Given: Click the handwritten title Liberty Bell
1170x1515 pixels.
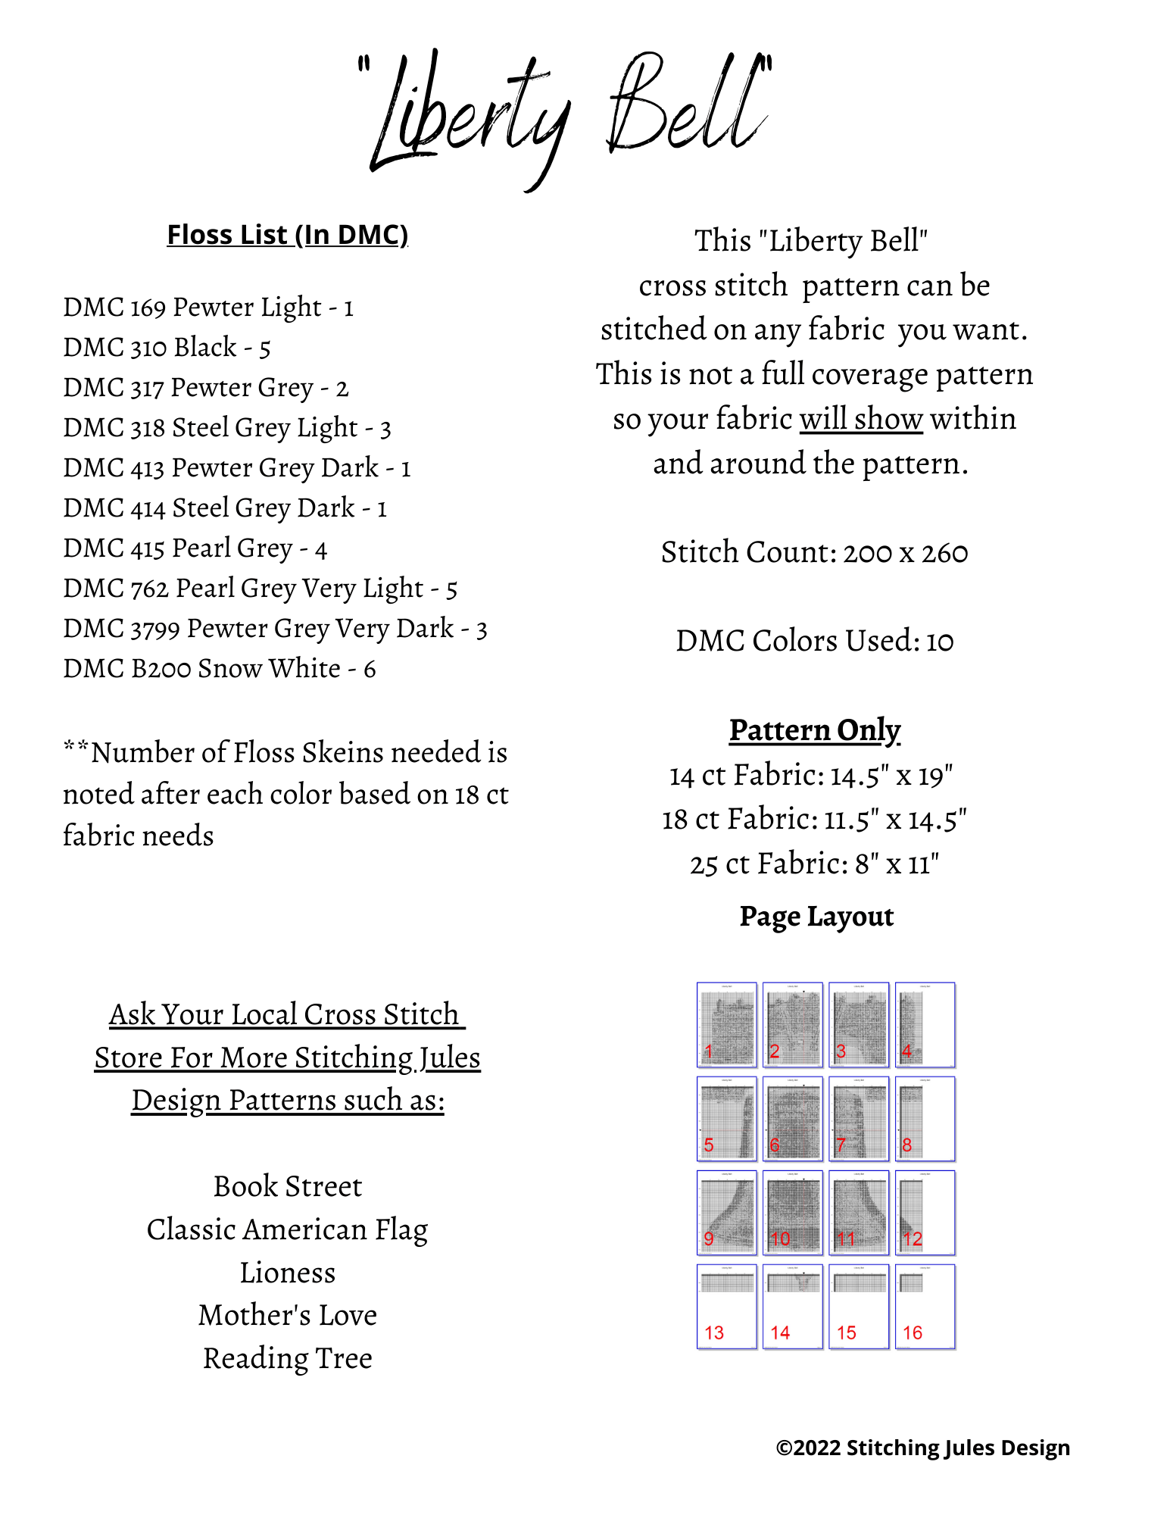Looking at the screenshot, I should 568,114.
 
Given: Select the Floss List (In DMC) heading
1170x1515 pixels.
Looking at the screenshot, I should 287,235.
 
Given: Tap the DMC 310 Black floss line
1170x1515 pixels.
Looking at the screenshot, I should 167,348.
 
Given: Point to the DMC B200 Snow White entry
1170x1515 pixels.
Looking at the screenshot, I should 219,669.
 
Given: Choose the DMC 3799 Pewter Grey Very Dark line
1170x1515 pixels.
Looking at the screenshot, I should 275,629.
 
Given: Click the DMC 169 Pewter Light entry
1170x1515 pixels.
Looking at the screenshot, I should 208,308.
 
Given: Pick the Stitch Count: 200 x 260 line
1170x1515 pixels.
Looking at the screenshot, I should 814,552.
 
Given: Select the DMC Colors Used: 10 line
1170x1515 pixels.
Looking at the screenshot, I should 814,641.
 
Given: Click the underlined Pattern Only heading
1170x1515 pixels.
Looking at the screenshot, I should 815,730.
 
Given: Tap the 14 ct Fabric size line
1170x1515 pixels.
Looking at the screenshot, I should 811,775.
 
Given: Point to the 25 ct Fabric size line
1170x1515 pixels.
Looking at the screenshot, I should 814,864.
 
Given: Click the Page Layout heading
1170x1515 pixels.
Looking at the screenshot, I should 816,917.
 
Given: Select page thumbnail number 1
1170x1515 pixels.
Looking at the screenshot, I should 727,1025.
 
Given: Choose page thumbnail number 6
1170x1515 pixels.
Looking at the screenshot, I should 793,1119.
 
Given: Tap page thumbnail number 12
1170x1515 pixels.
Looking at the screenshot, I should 925,1213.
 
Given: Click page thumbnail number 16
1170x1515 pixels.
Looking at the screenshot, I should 925,1307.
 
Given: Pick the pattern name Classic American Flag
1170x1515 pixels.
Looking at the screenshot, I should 287,1229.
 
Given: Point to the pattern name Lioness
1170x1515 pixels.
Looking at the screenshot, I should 287,1273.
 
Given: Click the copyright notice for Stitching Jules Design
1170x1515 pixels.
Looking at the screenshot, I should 922,1448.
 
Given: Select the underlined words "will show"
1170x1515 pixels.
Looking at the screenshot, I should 861,419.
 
